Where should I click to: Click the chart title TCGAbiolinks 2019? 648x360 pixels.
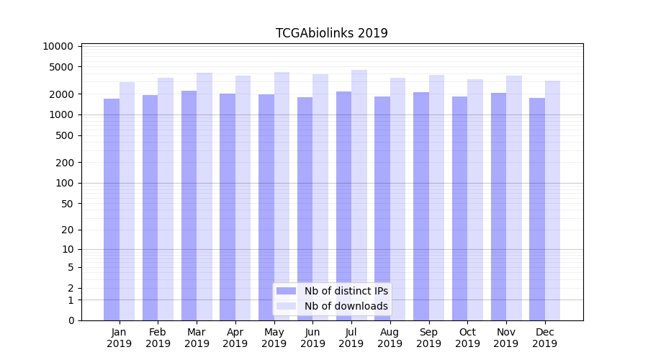tap(332, 33)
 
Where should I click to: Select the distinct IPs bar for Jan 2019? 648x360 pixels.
tap(112, 209)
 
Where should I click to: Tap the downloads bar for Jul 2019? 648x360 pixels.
tap(359, 194)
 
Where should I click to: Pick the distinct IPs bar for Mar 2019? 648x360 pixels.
tap(189, 205)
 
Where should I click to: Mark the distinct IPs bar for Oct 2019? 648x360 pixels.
tap(459, 208)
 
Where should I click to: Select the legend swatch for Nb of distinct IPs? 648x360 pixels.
tap(286, 291)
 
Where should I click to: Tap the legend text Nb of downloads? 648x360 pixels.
tap(346, 306)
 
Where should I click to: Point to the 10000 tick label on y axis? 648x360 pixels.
tap(58, 46)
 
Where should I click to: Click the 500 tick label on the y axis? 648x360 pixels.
tap(64, 135)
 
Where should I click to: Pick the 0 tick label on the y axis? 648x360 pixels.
tap(71, 320)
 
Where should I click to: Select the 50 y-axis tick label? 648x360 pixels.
tap(67, 204)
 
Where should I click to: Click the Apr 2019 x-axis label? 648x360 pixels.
tap(235, 338)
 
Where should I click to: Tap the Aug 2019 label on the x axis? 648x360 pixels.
tap(390, 338)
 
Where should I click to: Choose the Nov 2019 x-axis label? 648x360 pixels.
tap(506, 338)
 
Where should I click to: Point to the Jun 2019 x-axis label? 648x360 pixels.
tap(312, 338)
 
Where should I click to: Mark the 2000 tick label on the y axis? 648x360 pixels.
tap(61, 94)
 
